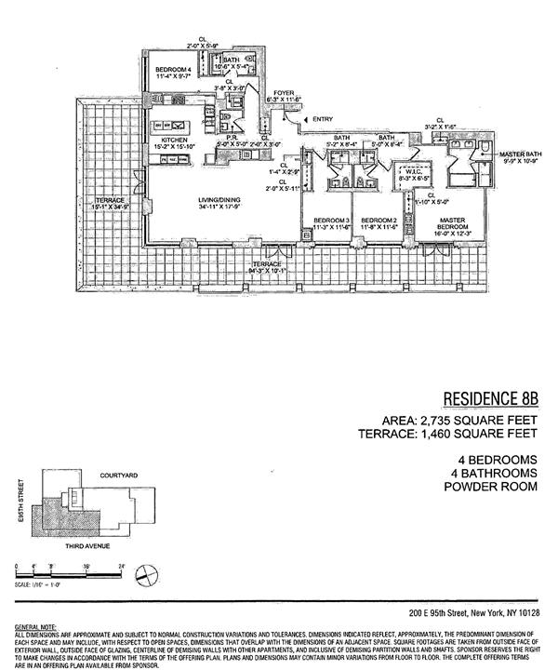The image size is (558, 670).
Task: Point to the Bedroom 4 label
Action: (174, 71)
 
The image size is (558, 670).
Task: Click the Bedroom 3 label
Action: (318, 220)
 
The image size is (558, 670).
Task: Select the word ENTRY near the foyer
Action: (323, 118)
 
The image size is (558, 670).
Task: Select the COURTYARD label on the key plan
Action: (118, 476)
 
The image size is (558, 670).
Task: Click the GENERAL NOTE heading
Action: (31, 628)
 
